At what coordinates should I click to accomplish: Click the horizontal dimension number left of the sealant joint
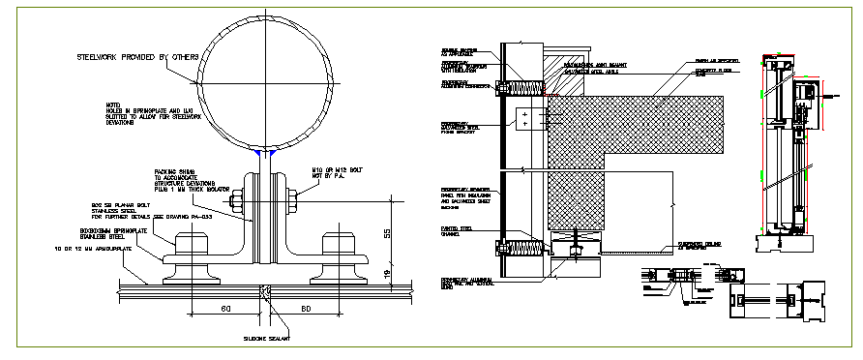click(x=223, y=309)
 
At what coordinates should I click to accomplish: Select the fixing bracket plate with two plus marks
click(x=525, y=120)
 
